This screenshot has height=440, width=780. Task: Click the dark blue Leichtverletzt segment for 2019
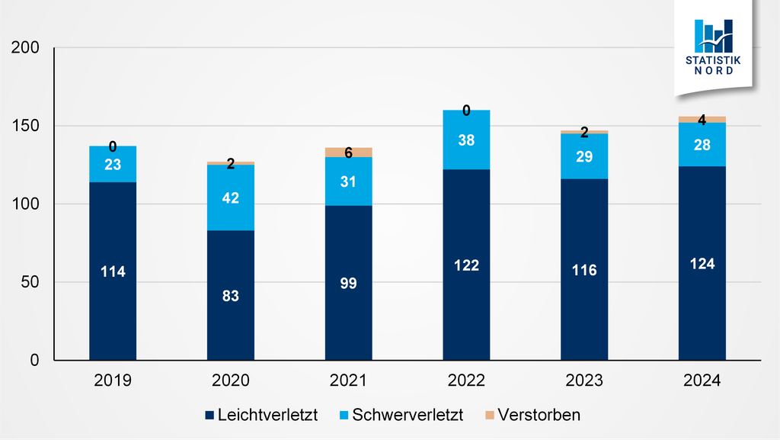click(113, 305)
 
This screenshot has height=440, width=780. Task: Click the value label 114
click(113, 271)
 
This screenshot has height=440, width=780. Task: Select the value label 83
click(231, 296)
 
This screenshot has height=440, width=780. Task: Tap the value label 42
click(231, 198)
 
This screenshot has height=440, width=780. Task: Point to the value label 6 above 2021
click(348, 153)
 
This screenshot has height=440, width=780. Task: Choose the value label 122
click(466, 265)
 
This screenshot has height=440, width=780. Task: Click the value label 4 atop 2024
click(702, 120)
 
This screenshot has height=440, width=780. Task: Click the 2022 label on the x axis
click(466, 381)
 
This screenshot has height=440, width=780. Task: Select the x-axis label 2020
click(231, 381)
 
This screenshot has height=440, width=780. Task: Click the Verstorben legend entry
click(533, 416)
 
